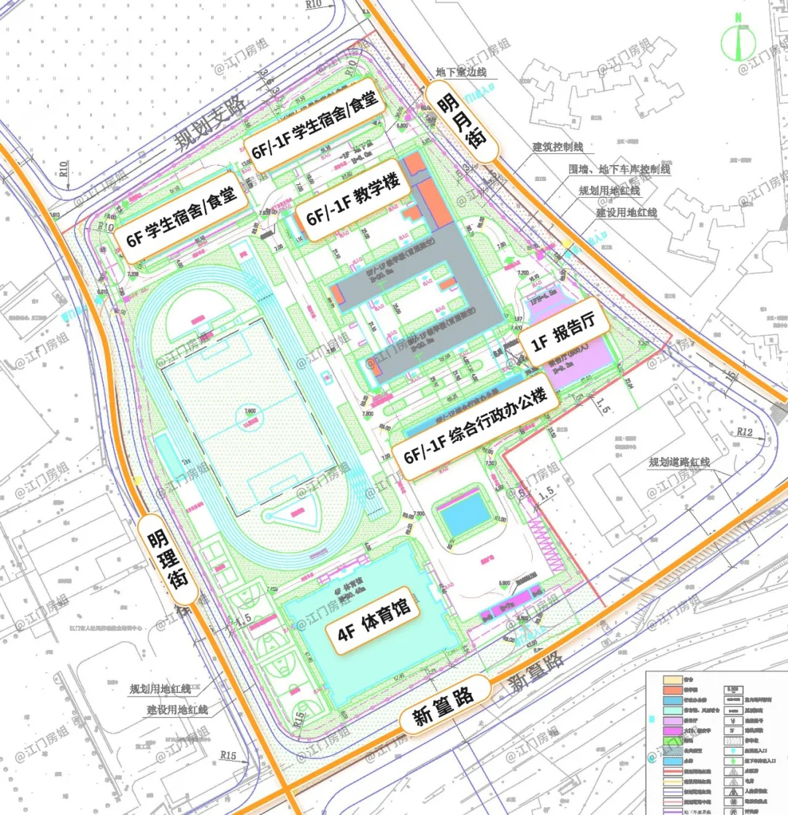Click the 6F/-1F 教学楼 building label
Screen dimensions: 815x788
tap(349, 199)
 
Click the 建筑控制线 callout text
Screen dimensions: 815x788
tap(558, 147)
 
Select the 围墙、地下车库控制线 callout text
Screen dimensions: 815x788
tap(619, 169)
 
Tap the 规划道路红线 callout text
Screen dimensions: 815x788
tap(679, 462)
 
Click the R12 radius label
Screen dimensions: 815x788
tap(743, 432)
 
